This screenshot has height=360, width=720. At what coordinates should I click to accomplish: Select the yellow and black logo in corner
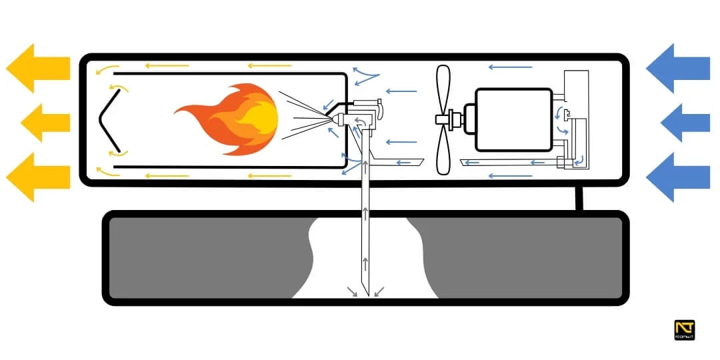[685, 331]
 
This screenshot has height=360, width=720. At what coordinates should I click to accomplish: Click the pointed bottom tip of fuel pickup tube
[365, 293]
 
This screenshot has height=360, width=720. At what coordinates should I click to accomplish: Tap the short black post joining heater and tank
[578, 198]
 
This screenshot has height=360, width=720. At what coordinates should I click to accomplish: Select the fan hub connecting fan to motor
[457, 120]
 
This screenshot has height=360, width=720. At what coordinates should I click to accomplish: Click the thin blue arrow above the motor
[510, 67]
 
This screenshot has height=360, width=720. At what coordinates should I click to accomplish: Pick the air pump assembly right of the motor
[572, 123]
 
